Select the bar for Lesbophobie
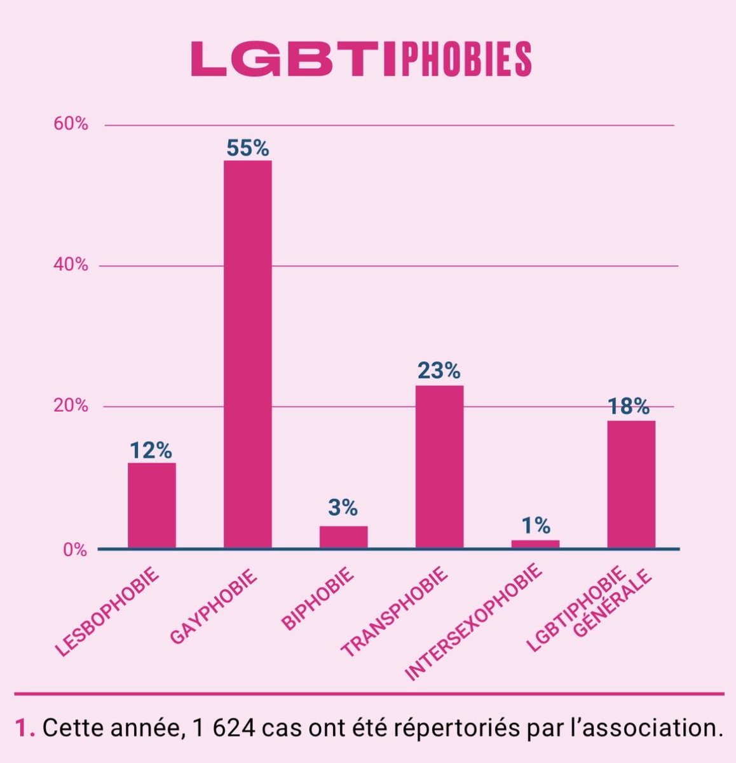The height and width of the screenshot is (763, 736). coord(152,505)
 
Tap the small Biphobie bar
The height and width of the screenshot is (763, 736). coord(343,537)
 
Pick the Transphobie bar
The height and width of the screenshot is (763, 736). coord(439,466)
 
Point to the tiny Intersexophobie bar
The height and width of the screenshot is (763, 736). coord(535,544)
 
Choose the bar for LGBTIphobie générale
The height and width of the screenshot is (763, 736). coord(631,484)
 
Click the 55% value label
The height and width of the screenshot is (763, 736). coord(248,148)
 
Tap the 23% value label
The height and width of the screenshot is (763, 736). coord(439,371)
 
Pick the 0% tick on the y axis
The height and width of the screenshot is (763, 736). coord(75,550)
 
